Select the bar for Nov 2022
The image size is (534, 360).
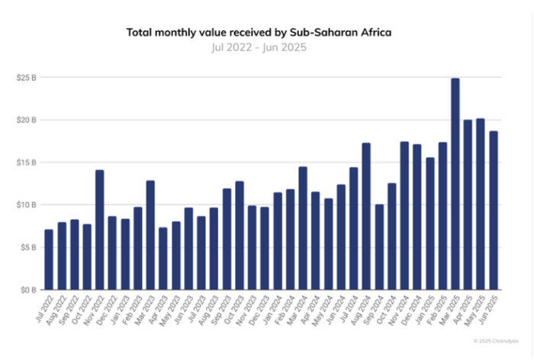tap(99, 230)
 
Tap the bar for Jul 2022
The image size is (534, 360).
tap(49, 259)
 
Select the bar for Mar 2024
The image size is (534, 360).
tap(303, 228)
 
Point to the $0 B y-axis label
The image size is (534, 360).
tap(27, 290)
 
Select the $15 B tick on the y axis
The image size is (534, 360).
tap(26, 162)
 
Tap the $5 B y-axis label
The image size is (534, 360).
tap(27, 247)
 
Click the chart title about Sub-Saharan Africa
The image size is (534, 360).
tap(265, 33)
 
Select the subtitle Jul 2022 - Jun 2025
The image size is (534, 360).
tap(265, 47)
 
